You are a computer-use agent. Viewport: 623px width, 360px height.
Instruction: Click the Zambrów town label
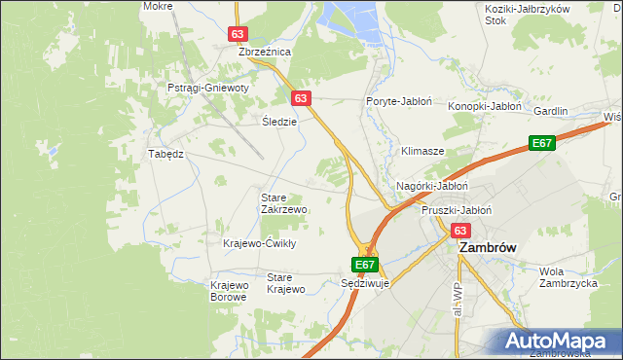pos(487,248)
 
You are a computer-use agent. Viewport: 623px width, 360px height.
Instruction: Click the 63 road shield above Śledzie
pos(301,98)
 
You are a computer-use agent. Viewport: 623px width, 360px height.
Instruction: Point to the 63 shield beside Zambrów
pos(460,231)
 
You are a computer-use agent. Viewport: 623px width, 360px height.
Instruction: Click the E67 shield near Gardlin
pos(542,144)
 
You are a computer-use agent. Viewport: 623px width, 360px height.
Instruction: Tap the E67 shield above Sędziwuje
pos(364,264)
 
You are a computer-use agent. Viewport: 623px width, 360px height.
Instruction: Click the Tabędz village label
pos(165,154)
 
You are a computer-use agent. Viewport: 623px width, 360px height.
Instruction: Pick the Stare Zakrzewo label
pos(284,203)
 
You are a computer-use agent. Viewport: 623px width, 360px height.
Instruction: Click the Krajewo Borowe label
pos(230,291)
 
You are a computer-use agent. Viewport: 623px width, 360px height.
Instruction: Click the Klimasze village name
pos(422,152)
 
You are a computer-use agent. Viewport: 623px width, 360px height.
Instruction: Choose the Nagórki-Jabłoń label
pos(433,186)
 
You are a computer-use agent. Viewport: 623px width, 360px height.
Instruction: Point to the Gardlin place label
pos(551,111)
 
